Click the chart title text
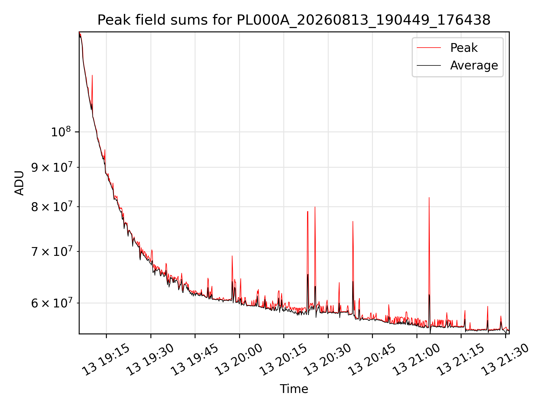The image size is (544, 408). pos(294,20)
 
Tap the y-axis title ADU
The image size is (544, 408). pos(19,183)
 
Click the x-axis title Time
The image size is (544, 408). pos(294,389)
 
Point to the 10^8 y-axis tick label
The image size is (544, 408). pos(60,132)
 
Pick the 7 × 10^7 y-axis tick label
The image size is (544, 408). pos(51,251)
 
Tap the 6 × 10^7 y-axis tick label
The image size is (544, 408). pos(51,303)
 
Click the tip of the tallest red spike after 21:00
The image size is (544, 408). pos(429,197)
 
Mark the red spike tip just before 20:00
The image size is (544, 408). pos(232,256)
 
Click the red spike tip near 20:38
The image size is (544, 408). pos(353,221)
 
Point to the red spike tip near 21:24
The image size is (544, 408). pos(488,306)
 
